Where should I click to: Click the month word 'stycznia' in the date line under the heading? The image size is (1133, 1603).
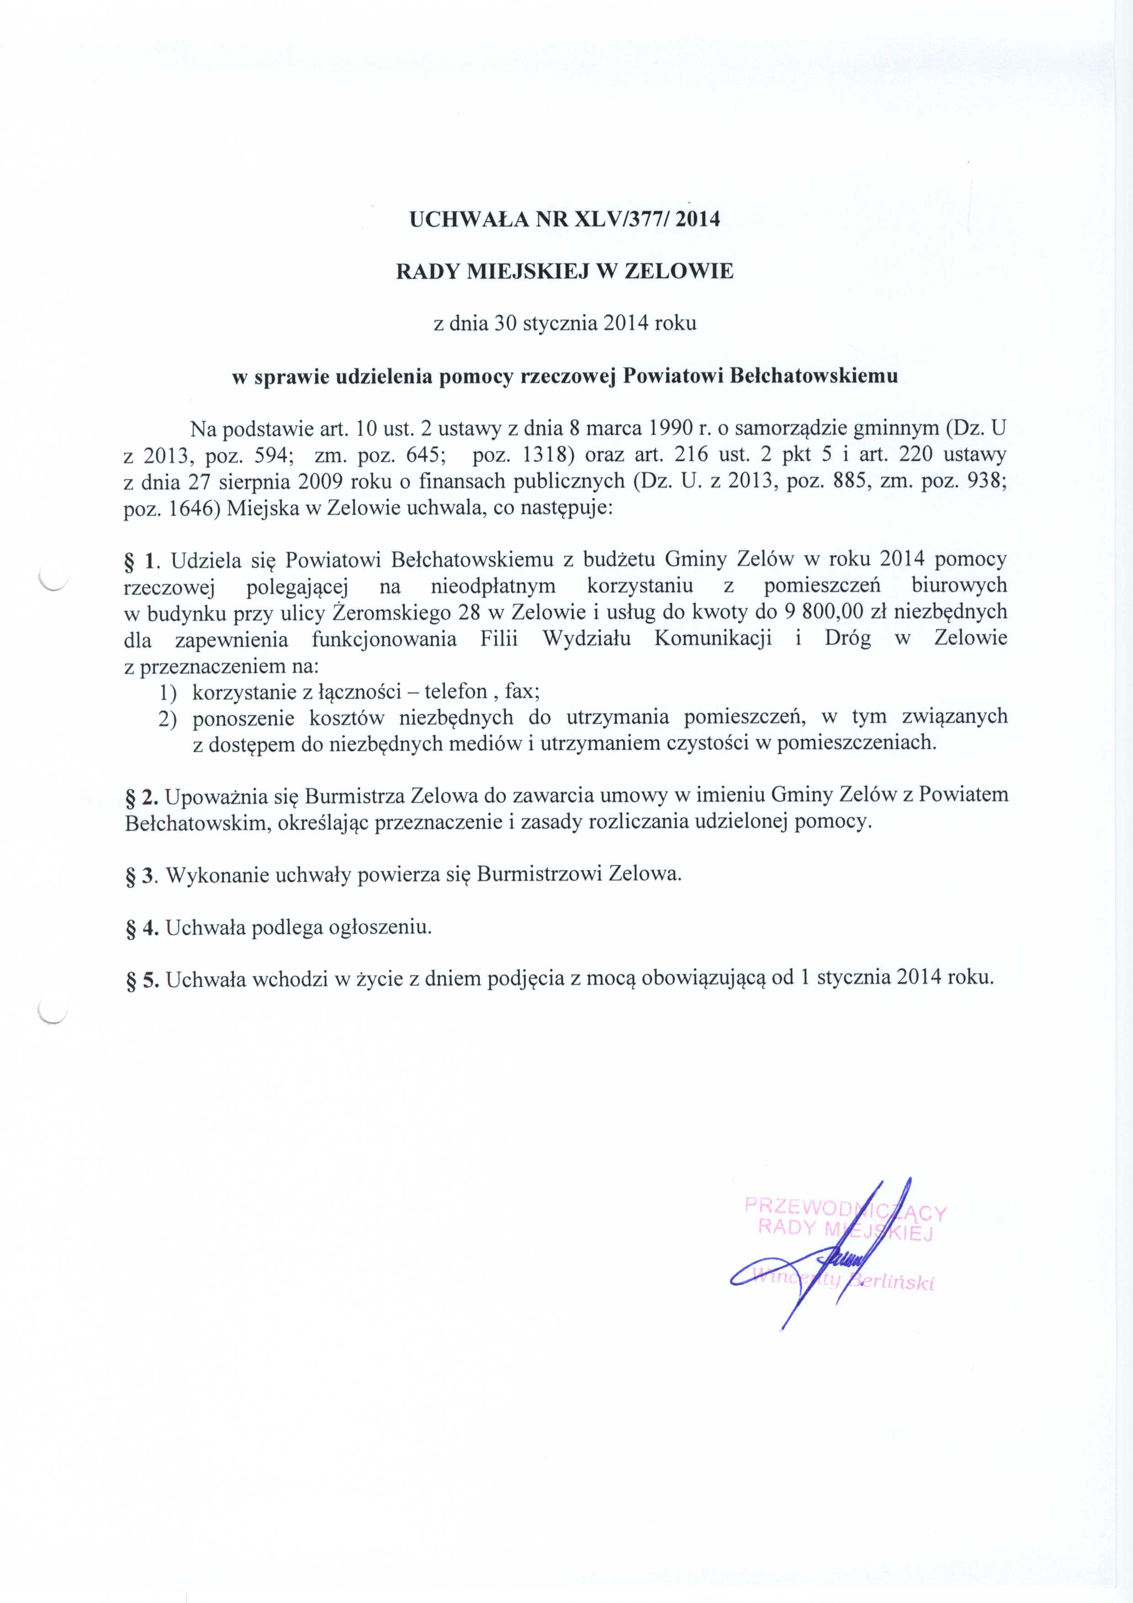[551, 324]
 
